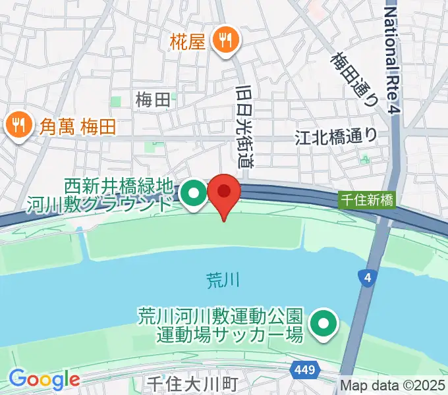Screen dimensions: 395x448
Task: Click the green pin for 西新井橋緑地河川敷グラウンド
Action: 193,194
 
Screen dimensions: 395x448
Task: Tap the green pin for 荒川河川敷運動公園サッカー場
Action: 323,323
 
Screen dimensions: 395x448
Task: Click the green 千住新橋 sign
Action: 366,198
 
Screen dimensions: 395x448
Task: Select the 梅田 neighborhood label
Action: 153,100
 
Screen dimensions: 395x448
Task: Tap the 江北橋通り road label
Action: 336,136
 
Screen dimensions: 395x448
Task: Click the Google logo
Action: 44,379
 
